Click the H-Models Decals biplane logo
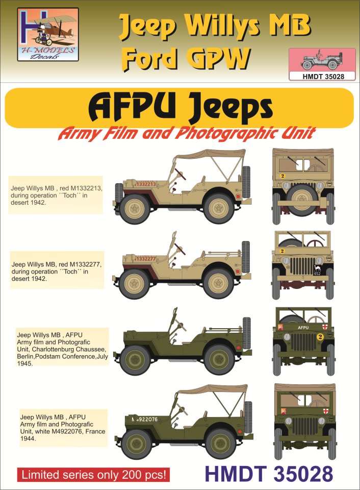pos(48,34)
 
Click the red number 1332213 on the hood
pos(146,184)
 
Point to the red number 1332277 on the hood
pos(145,259)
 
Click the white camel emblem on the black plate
pos(317,268)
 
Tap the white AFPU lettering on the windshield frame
pos(303,328)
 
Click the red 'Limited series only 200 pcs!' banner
pos(93,475)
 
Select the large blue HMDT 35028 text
pos(269,474)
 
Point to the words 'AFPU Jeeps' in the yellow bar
pos(180,108)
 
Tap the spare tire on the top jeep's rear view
pos(302,198)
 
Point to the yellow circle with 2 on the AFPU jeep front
pos(320,336)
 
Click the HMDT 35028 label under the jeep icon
pos(322,76)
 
